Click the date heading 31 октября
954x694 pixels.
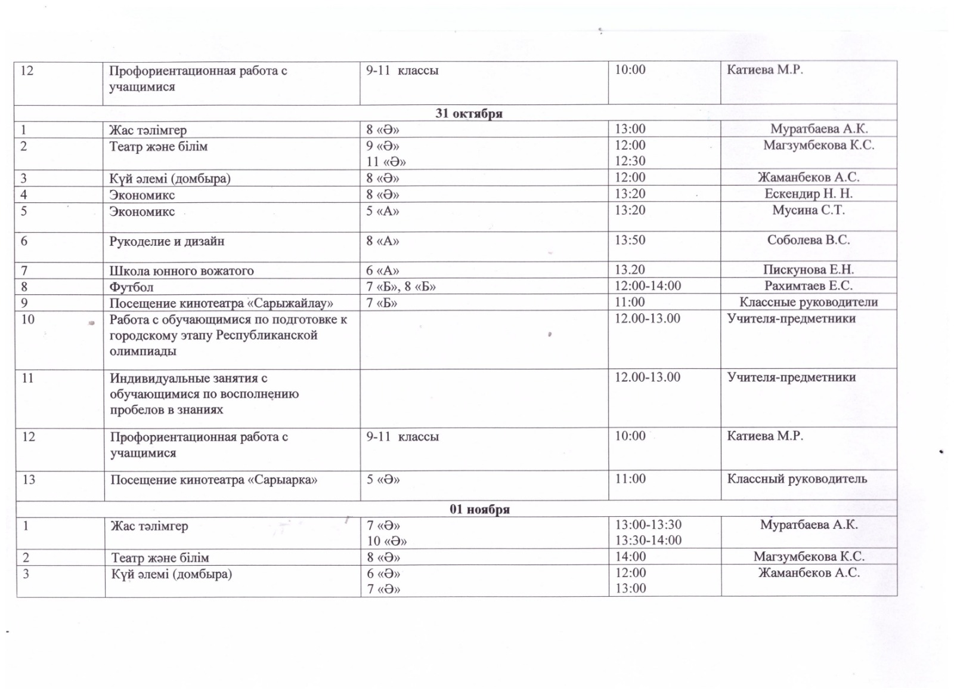point(469,113)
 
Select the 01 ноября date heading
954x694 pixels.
point(479,509)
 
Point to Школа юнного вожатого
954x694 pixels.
point(181,271)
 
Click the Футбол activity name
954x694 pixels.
point(131,287)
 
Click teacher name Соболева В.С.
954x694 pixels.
point(809,240)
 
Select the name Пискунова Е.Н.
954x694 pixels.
point(809,270)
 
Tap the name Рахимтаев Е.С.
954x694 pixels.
point(809,286)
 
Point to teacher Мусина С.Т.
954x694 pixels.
point(809,210)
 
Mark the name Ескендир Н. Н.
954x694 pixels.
point(809,194)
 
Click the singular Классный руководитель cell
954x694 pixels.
point(797,479)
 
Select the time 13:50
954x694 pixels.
point(630,240)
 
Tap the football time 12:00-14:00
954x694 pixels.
point(648,286)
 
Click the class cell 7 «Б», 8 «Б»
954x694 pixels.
point(401,287)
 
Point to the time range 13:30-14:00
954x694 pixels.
point(648,541)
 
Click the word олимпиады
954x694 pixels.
point(143,351)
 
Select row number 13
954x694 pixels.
point(29,480)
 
